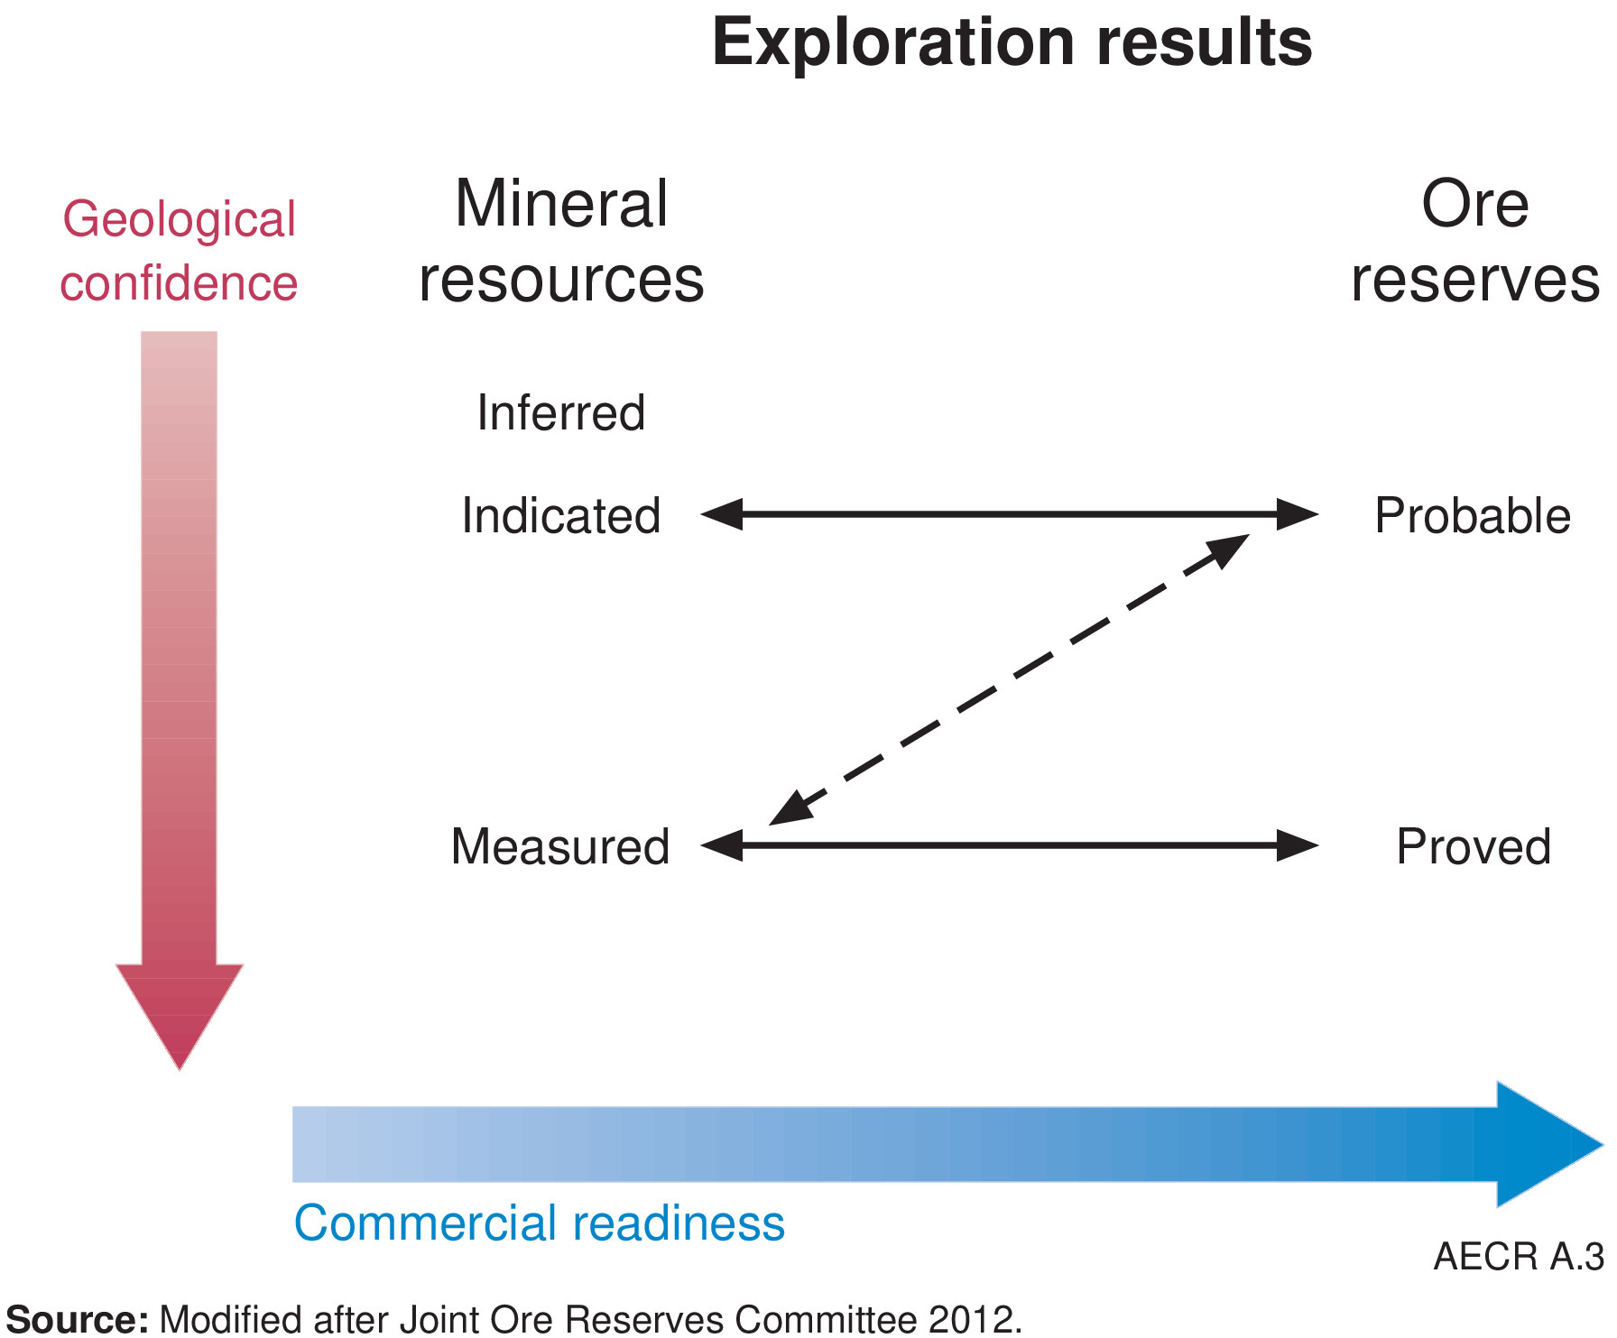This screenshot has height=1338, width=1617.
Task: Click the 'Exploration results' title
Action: (x=1012, y=42)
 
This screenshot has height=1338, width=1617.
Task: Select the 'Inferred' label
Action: (x=561, y=413)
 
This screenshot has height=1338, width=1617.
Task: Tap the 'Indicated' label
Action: (x=561, y=516)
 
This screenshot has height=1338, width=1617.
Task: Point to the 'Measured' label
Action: (x=560, y=847)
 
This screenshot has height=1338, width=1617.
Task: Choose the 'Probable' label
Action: (x=1473, y=516)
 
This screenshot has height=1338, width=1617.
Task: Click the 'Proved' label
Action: (x=1474, y=847)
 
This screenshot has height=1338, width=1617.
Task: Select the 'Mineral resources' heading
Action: (x=561, y=241)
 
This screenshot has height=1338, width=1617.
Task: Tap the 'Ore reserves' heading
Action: (x=1474, y=241)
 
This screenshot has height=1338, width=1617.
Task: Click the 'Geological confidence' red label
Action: (x=179, y=251)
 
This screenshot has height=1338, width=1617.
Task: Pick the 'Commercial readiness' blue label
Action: (x=540, y=1223)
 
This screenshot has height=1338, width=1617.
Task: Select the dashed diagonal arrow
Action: (x=1009, y=679)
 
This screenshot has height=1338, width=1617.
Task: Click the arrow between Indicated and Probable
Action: (x=1009, y=514)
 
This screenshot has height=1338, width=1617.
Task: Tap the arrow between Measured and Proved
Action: (x=1009, y=845)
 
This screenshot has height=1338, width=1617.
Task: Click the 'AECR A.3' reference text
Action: (x=1519, y=1257)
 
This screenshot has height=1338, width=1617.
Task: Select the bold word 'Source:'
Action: (x=78, y=1319)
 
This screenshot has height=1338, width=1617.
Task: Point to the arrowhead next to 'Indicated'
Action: (x=722, y=514)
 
